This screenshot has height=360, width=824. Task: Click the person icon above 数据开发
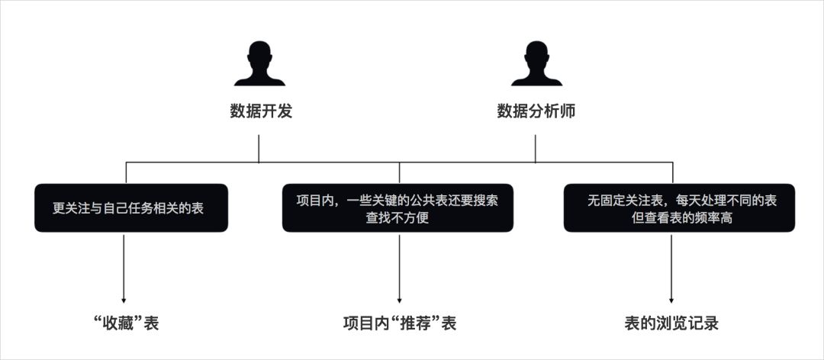(x=259, y=64)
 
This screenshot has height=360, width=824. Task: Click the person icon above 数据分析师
(x=536, y=64)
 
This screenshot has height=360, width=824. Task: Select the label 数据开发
(x=261, y=112)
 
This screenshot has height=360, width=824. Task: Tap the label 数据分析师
(x=536, y=112)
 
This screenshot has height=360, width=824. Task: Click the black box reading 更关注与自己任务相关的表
(x=130, y=208)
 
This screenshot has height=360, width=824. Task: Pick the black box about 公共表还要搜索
(x=397, y=208)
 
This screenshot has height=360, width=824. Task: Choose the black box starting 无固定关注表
(x=679, y=208)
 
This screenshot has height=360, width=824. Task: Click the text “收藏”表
(x=125, y=323)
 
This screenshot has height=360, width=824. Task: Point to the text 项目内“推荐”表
(x=400, y=323)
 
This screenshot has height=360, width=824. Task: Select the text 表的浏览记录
(x=671, y=323)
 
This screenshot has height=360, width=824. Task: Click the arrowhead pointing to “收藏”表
(x=124, y=300)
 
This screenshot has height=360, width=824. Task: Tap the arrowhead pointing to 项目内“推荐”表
(x=399, y=300)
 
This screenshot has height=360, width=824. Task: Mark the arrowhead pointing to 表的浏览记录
(x=671, y=300)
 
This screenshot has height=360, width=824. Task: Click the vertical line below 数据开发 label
(x=259, y=149)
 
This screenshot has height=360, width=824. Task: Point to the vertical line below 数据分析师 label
(x=535, y=149)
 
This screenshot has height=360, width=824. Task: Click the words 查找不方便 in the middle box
(x=397, y=217)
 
